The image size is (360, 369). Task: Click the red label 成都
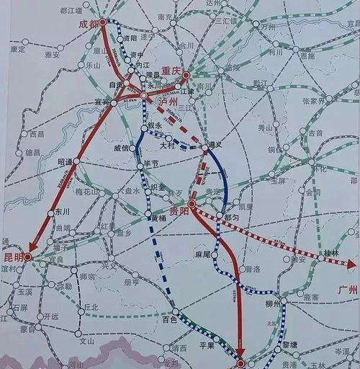86,24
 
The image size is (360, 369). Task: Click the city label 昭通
65,161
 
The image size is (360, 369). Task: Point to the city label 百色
170,318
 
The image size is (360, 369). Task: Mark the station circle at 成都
102,22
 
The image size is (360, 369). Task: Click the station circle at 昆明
28,257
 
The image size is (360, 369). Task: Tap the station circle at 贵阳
192,205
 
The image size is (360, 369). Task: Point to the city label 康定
18,50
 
